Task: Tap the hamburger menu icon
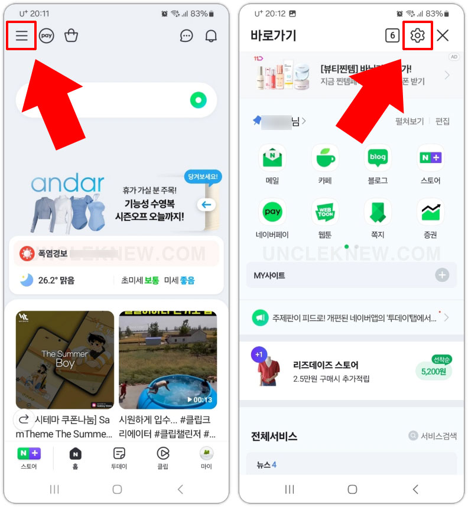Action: [22, 36]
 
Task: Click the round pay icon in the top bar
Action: [47, 36]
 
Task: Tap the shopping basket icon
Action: [71, 36]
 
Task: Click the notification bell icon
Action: [211, 36]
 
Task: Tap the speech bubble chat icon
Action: [186, 36]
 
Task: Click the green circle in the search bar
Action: [198, 100]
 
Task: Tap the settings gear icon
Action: [417, 35]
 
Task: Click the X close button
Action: [443, 35]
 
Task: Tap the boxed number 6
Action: [392, 35]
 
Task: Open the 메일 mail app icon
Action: [272, 158]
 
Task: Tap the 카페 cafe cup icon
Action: [325, 158]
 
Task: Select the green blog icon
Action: [378, 158]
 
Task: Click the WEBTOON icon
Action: [325, 212]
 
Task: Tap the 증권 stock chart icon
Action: [430, 212]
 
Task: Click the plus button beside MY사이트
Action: [442, 275]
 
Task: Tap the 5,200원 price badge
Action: [434, 372]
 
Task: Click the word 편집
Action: [442, 121]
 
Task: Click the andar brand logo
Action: [67, 184]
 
